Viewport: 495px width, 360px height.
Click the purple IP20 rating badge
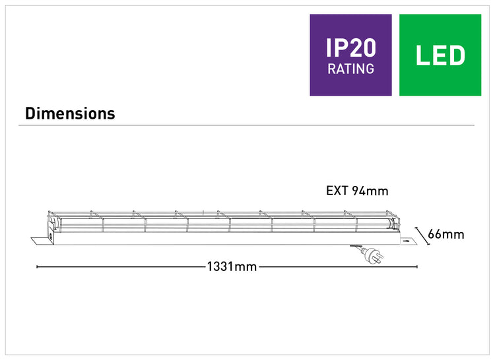point(350,55)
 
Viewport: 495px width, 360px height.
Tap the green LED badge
point(440,55)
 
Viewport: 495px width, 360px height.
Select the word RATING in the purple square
point(350,69)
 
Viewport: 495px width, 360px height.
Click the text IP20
point(350,48)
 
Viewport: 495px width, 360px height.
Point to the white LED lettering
point(440,55)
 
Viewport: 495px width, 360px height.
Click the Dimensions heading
point(70,113)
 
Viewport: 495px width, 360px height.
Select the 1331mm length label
point(232,266)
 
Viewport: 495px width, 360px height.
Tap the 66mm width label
point(445,235)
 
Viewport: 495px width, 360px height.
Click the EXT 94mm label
point(357,191)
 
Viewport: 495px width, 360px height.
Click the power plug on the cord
point(373,255)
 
